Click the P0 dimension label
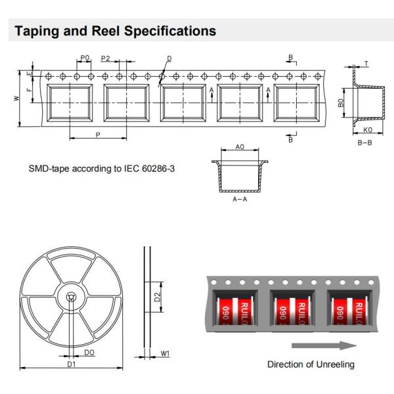point(85,58)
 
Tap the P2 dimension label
point(106,58)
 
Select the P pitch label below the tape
point(97,135)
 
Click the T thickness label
point(366,64)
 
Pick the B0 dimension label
point(341,104)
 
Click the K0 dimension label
point(368,130)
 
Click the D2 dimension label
point(157,297)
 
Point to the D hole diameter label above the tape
point(169,58)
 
